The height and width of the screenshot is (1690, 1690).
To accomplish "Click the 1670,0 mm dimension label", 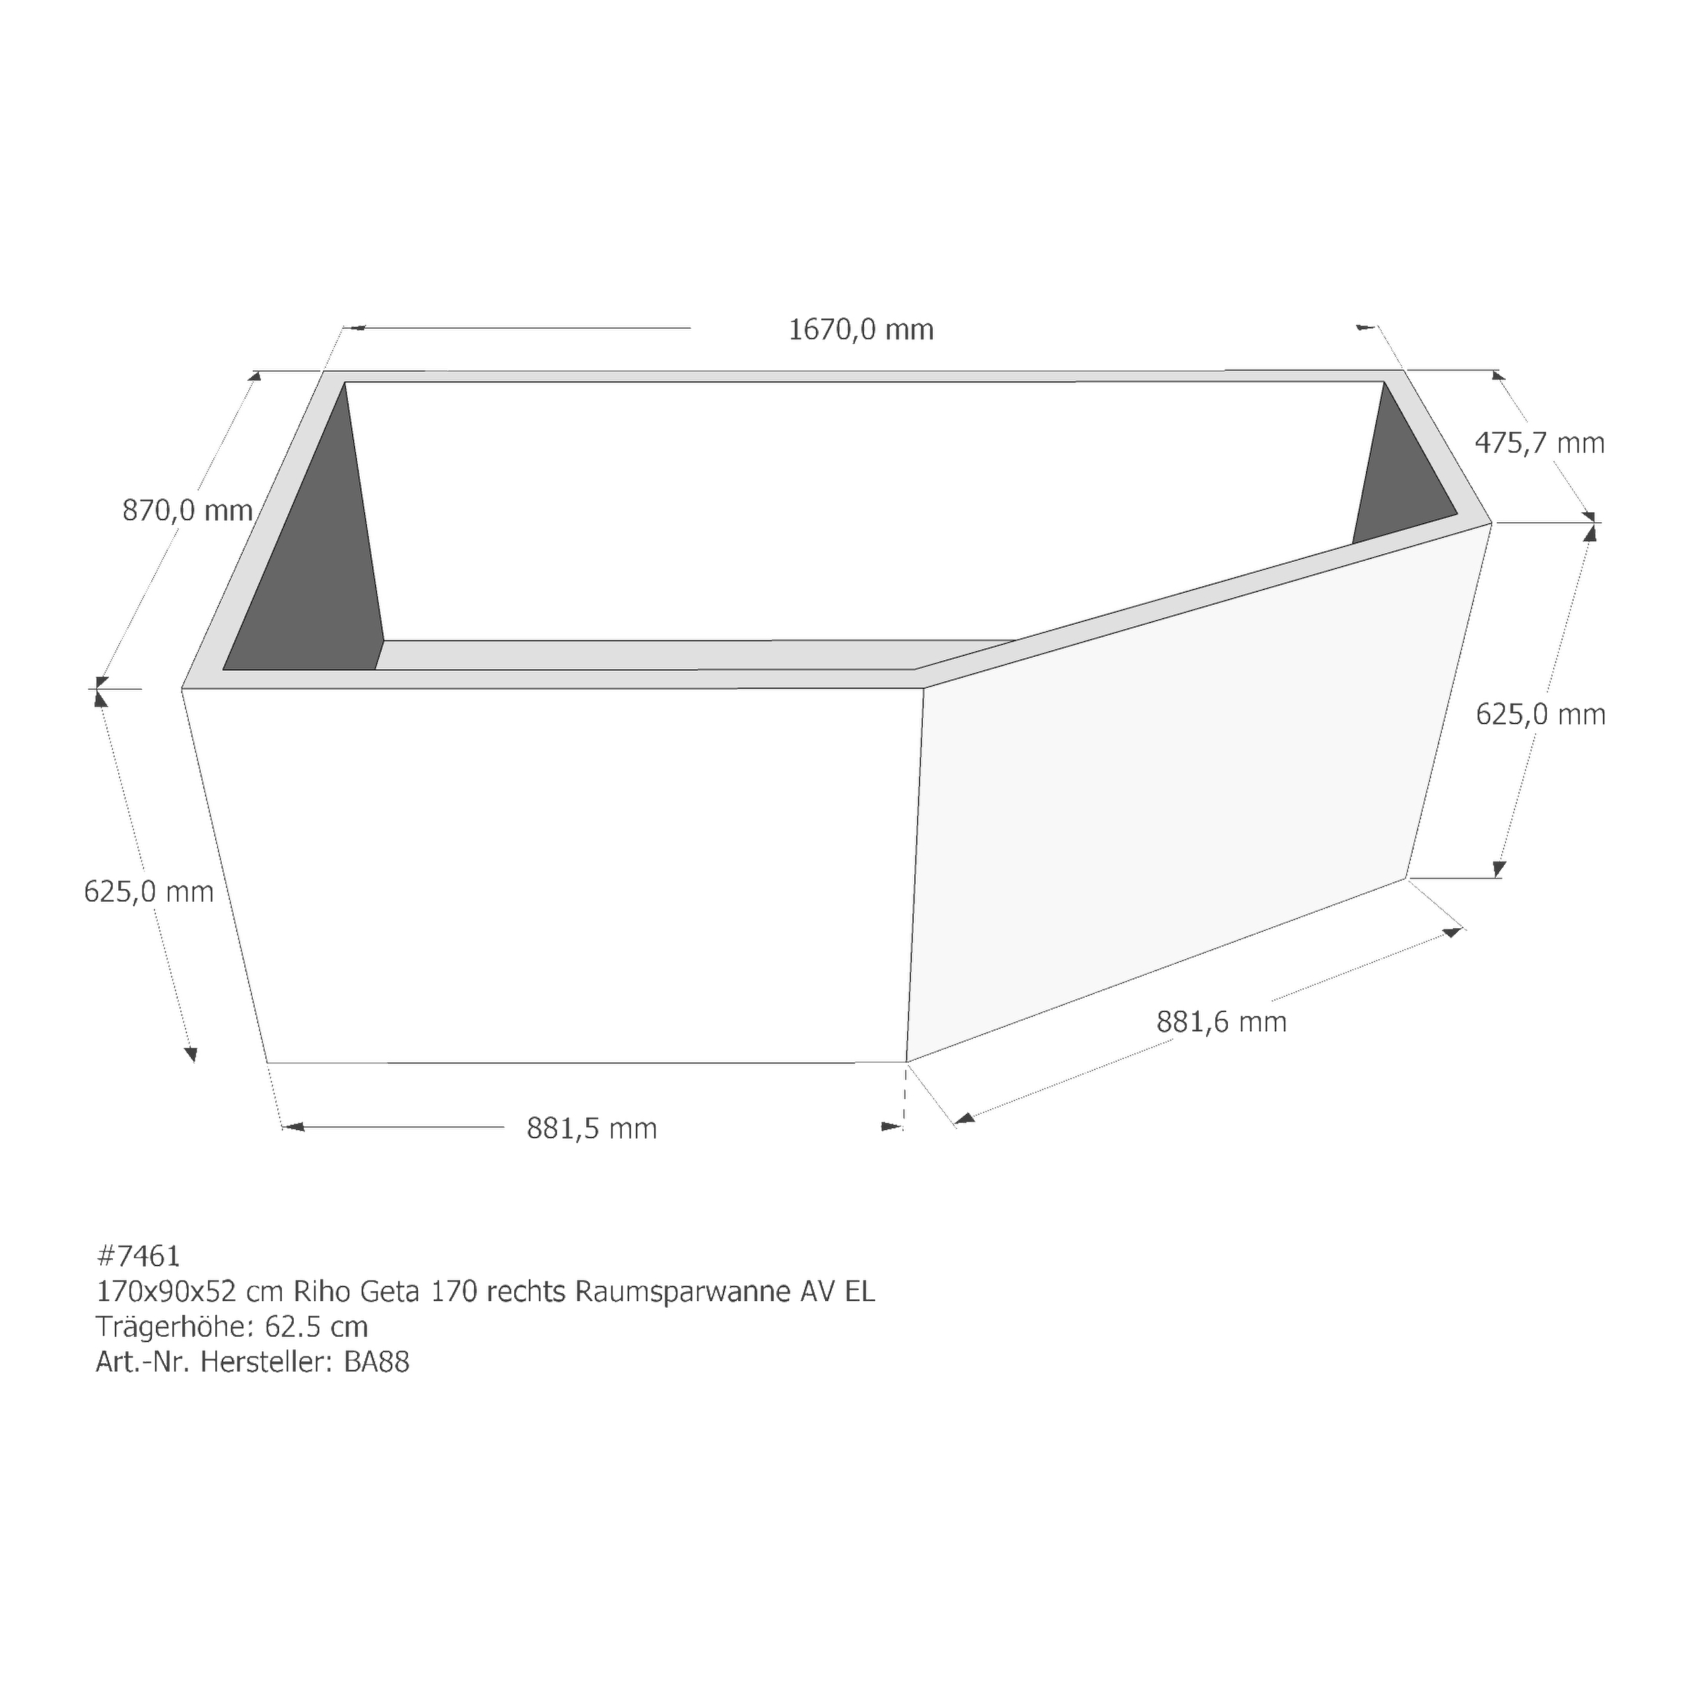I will [x=861, y=330].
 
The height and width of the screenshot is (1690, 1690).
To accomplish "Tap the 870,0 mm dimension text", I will [x=187, y=510].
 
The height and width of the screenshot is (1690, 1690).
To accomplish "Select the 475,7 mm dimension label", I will [x=1539, y=444].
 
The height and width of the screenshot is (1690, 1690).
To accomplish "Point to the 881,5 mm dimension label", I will [x=591, y=1128].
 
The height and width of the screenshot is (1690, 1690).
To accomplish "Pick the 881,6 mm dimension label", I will [x=1221, y=1022].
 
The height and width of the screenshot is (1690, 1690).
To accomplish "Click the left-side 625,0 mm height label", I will [x=149, y=891].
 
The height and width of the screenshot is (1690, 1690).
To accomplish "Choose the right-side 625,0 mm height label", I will [x=1540, y=715].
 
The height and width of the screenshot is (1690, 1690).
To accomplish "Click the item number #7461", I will [x=138, y=1256].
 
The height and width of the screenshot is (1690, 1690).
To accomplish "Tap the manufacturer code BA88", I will [x=376, y=1362].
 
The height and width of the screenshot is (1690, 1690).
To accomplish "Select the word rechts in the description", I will [x=525, y=1292].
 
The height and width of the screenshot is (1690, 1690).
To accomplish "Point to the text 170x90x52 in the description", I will [x=166, y=1292].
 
